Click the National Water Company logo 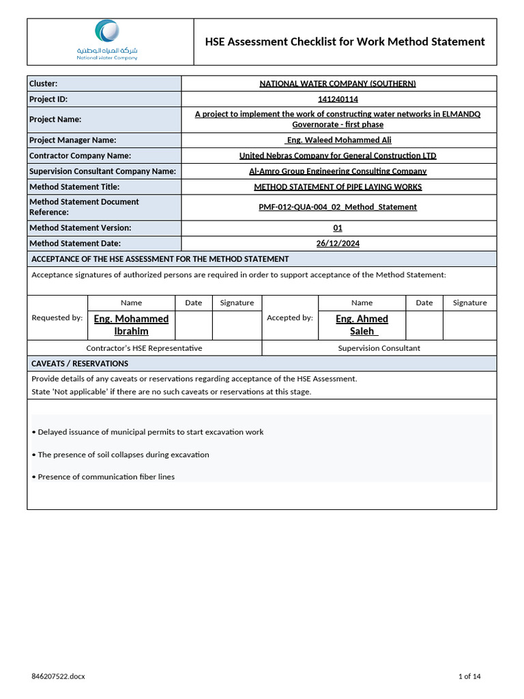coord(107,40)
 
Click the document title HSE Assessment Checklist coord(345,42)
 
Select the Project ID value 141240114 coord(338,99)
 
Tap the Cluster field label coord(43,84)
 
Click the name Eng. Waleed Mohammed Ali coord(338,140)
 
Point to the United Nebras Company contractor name coord(338,156)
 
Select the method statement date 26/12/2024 coord(338,243)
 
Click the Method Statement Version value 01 coord(338,228)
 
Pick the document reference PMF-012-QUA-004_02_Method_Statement coord(338,207)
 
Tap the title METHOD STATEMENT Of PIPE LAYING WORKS coord(338,187)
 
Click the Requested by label coord(57,317)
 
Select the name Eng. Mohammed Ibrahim coord(131,325)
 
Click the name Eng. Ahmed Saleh coord(362,325)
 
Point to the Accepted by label coord(290,317)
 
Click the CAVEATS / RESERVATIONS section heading coord(80,363)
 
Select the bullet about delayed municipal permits coord(147,432)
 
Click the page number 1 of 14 coord(469,676)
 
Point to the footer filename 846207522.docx coord(58,676)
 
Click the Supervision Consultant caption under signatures coord(379,348)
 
